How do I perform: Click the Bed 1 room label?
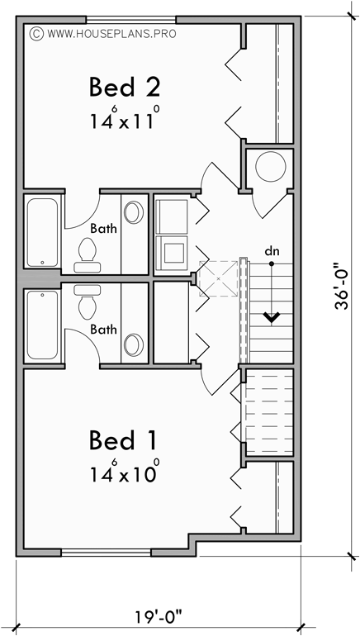[x=123, y=439]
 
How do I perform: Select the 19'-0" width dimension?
[x=157, y=617]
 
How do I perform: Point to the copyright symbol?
[x=36, y=35]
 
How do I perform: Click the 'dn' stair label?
[x=271, y=249]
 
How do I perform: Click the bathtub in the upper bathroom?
[x=42, y=232]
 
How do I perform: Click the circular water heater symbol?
[x=269, y=168]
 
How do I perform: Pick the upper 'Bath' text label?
[x=103, y=228]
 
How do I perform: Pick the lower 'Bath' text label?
[x=103, y=329]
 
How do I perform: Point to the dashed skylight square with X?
[x=218, y=278]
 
